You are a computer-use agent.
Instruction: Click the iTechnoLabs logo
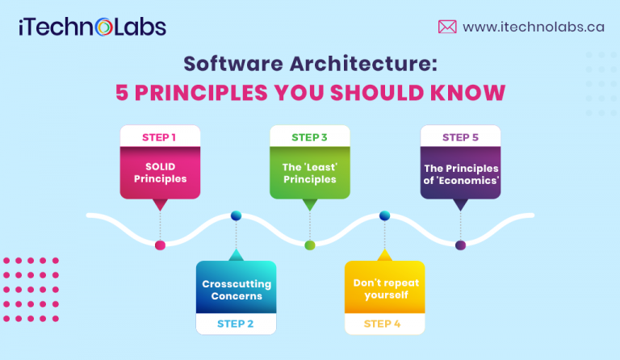click(93, 27)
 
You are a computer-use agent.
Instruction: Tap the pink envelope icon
click(446, 27)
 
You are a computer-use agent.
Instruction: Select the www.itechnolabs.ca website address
click(533, 27)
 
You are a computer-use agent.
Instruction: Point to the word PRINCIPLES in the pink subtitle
click(201, 91)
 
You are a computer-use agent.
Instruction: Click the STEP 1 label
click(160, 137)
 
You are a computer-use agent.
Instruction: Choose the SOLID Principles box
click(160, 173)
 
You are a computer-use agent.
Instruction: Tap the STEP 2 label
click(235, 324)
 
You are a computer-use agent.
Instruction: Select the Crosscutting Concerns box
click(236, 290)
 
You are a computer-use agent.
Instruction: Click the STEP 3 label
click(309, 137)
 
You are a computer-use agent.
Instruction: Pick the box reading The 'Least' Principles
click(309, 173)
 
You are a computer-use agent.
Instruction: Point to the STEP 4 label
click(384, 324)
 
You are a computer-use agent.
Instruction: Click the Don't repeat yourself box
click(384, 290)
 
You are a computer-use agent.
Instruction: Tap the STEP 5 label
click(460, 137)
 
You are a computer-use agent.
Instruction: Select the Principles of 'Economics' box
click(460, 173)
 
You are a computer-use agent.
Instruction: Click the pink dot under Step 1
click(160, 245)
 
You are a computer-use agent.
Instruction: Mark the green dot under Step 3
click(309, 245)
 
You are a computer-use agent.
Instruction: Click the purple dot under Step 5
click(460, 245)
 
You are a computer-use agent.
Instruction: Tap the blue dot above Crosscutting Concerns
click(236, 216)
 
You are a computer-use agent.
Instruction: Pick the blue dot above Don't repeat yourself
click(384, 216)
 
